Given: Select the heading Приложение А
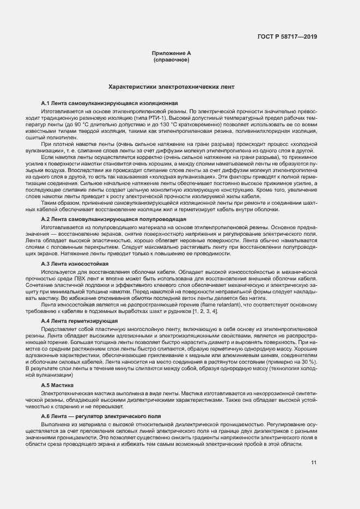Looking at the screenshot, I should tap(171, 53).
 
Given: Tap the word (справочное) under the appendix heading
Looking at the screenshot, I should tap(171, 59).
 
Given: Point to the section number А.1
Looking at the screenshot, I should tap(46, 103).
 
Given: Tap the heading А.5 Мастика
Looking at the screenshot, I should tap(60, 385).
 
